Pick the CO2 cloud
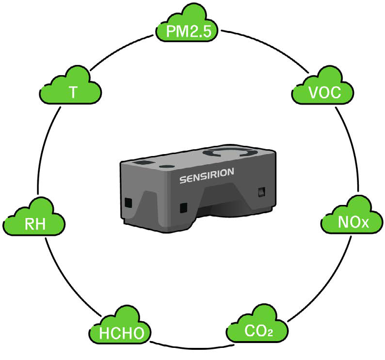[257, 324]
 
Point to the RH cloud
[34, 218]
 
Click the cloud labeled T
[71, 86]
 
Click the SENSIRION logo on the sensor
[207, 175]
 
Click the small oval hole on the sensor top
[167, 167]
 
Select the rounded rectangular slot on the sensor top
[142, 163]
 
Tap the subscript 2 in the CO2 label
[270, 333]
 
